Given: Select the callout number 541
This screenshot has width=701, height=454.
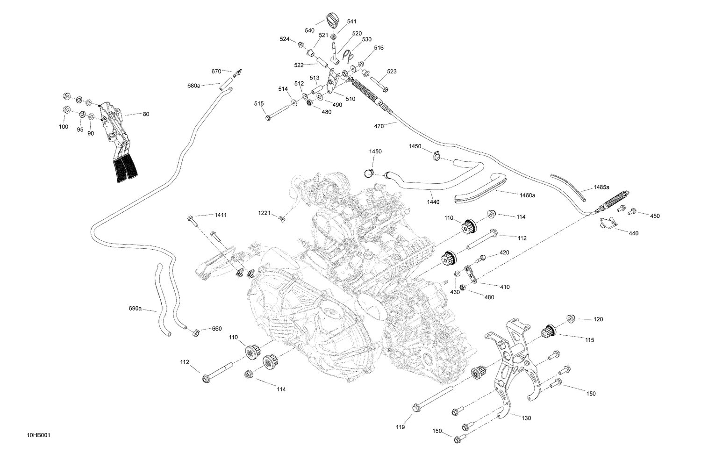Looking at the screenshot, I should pyautogui.click(x=351, y=22).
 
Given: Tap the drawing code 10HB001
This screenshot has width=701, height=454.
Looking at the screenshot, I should pyautogui.click(x=38, y=436).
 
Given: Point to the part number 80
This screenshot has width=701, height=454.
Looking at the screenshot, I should pyautogui.click(x=146, y=114).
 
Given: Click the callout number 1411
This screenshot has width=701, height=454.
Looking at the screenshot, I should pyautogui.click(x=220, y=215).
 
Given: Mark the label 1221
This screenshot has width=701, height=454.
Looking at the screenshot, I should pyautogui.click(x=264, y=213).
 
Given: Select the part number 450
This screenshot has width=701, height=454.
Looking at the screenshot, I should pyautogui.click(x=655, y=216).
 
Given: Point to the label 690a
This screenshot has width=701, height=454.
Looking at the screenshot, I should pyautogui.click(x=135, y=309).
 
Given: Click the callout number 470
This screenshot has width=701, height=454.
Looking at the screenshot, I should pyautogui.click(x=379, y=126).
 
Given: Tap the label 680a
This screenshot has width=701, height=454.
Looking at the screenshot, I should pyautogui.click(x=193, y=86).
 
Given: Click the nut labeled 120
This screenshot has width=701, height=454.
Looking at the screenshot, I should pyautogui.click(x=570, y=318).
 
